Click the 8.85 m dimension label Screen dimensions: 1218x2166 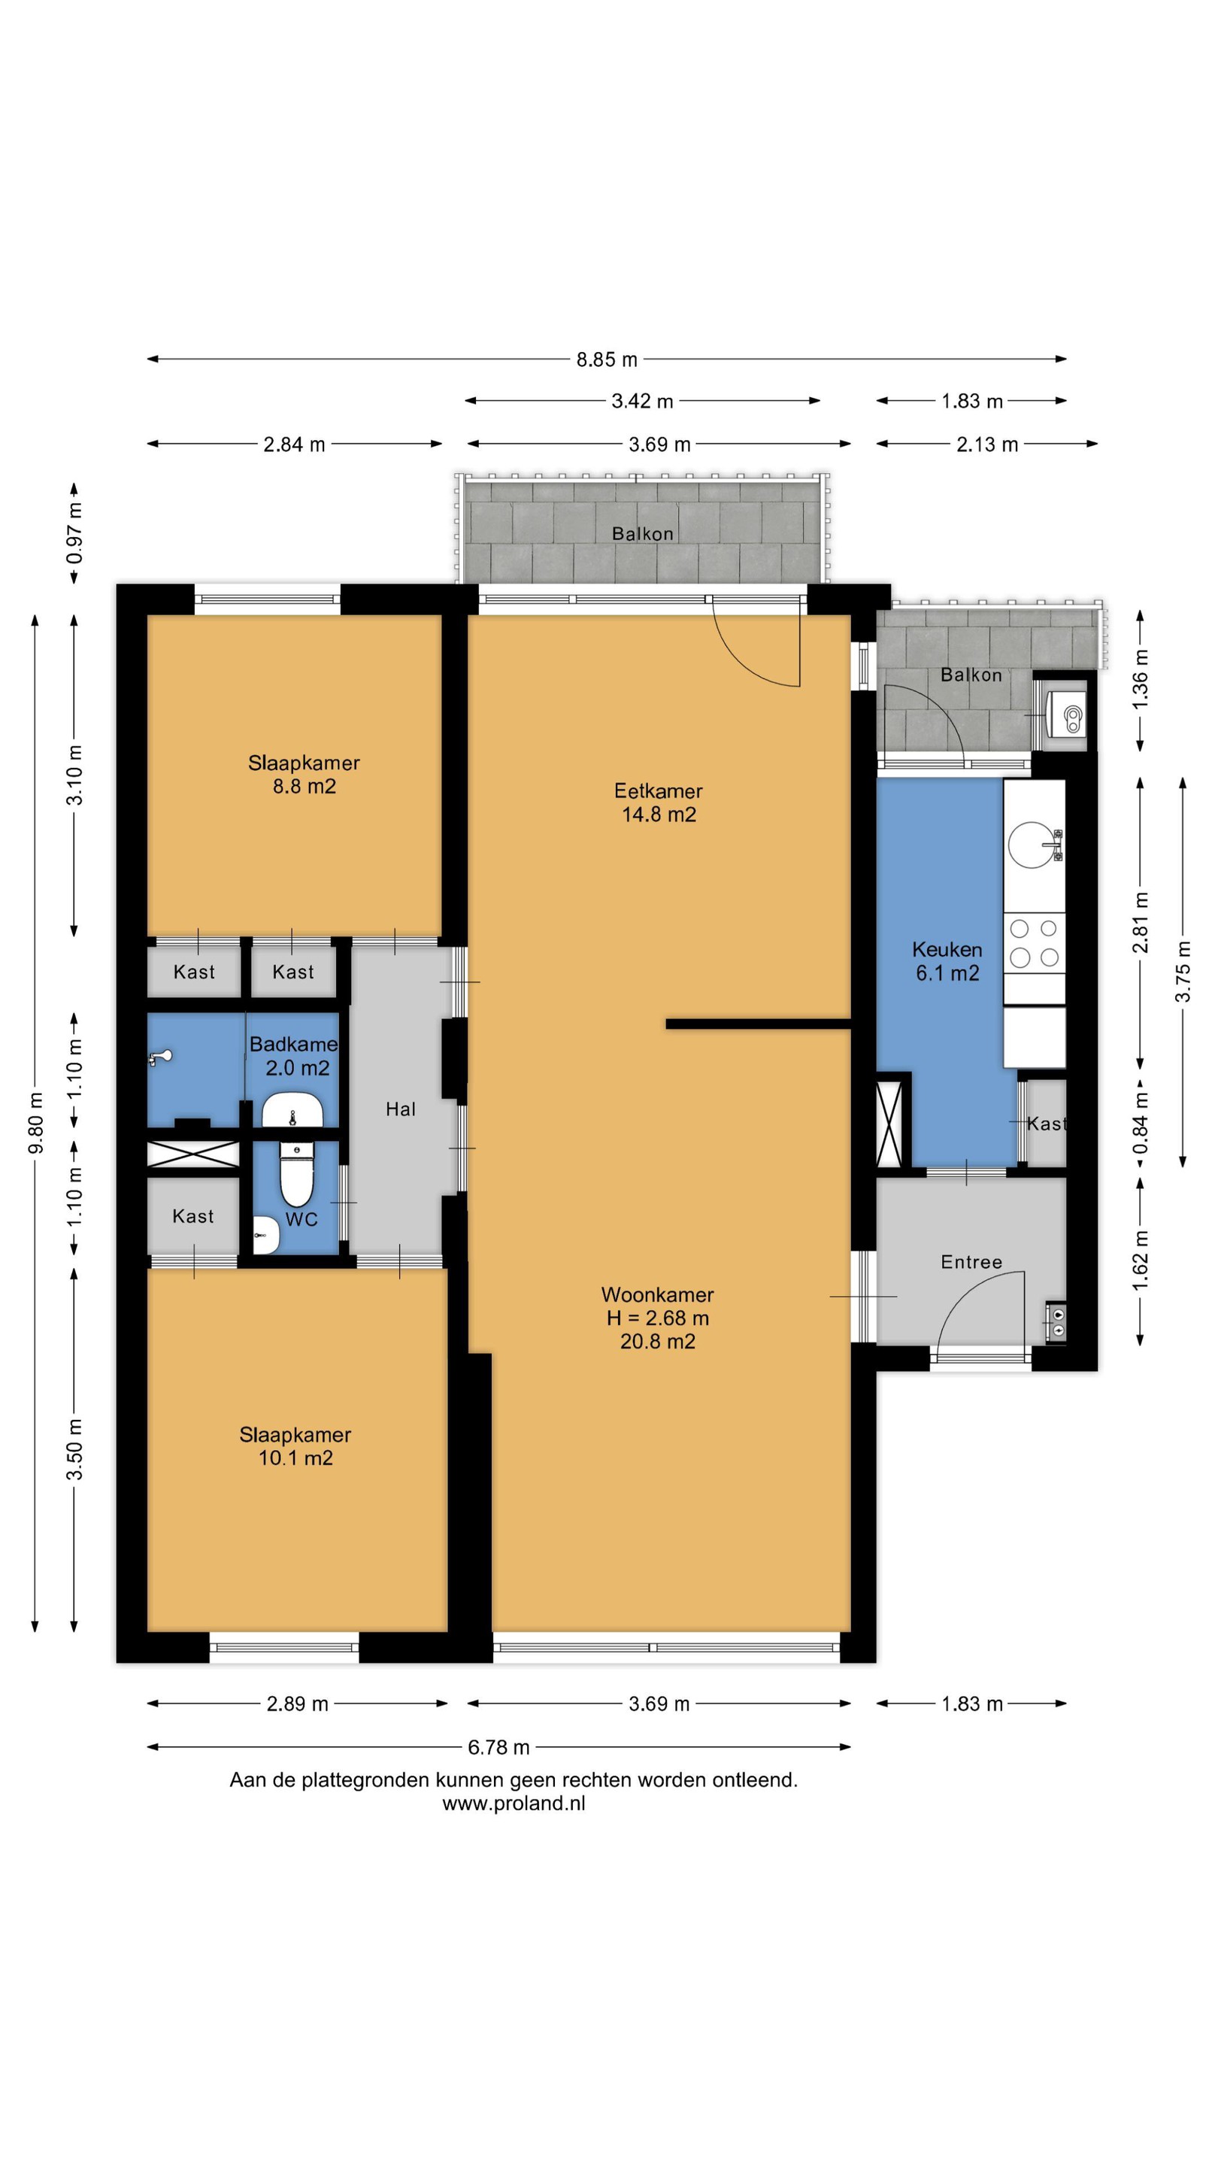pyautogui.click(x=606, y=360)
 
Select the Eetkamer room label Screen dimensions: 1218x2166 pyautogui.click(x=658, y=791)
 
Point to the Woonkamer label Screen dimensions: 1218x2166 pyautogui.click(x=657, y=1295)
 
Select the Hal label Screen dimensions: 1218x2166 pyautogui.click(x=401, y=1109)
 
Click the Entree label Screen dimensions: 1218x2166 pyautogui.click(x=971, y=1262)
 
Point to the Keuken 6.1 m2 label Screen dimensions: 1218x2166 pyautogui.click(x=947, y=962)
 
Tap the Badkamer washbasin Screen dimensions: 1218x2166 pyautogui.click(x=292, y=1110)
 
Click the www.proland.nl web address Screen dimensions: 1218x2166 pyautogui.click(x=514, y=1803)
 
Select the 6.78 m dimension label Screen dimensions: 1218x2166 pyautogui.click(x=498, y=1747)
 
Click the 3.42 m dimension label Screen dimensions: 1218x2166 pyautogui.click(x=642, y=401)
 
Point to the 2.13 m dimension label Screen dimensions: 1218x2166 pyautogui.click(x=987, y=444)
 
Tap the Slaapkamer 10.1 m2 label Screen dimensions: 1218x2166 pyautogui.click(x=295, y=1446)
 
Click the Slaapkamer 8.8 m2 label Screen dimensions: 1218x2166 pyautogui.click(x=304, y=775)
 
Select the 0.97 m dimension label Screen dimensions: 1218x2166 pyautogui.click(x=75, y=532)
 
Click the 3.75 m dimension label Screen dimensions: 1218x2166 pyautogui.click(x=1183, y=971)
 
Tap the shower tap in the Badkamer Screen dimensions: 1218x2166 pyautogui.click(x=161, y=1057)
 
